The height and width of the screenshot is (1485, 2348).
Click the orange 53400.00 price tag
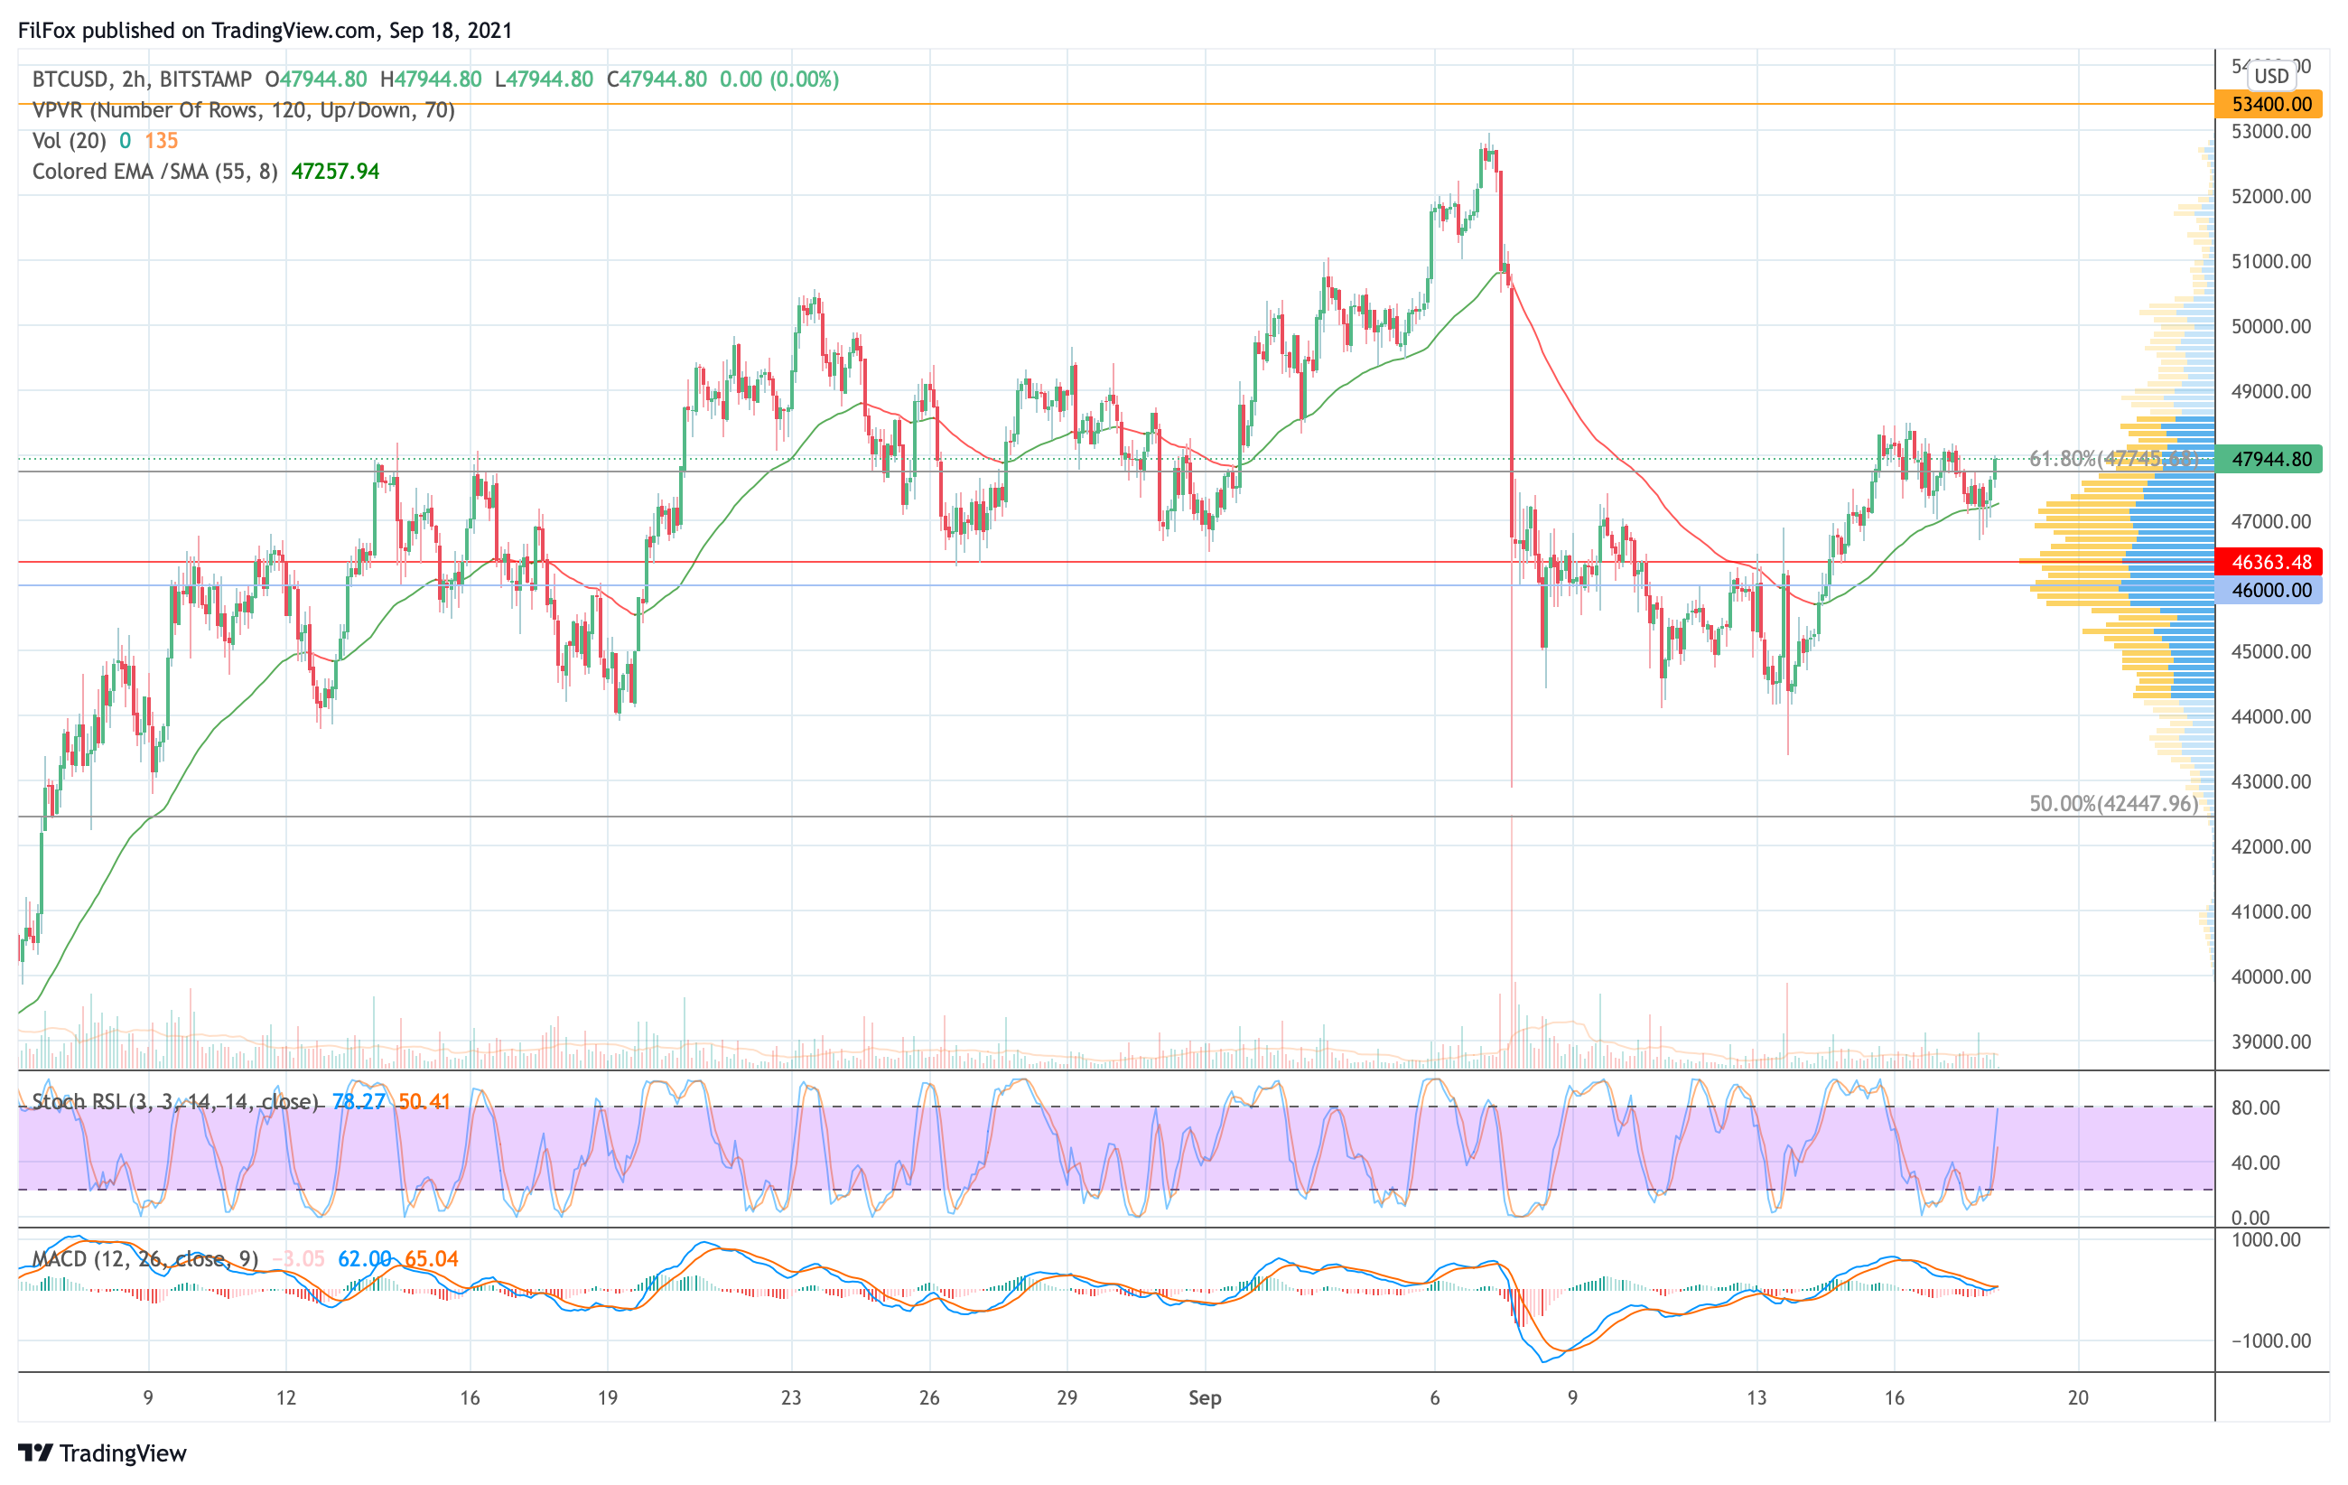[x=2271, y=103]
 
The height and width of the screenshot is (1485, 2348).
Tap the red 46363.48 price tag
[x=2271, y=562]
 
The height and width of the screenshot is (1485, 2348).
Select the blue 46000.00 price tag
[x=2271, y=590]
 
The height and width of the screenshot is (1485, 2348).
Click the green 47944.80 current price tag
[x=2271, y=458]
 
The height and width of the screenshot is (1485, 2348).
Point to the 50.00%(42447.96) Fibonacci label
[x=2113, y=803]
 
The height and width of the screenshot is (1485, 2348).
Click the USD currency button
[x=2271, y=75]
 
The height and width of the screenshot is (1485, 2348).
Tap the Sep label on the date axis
[x=1204, y=1397]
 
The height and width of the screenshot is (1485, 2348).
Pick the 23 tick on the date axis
[x=791, y=1397]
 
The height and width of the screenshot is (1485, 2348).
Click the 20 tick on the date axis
[x=2078, y=1397]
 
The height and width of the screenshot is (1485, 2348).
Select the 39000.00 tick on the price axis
[x=2271, y=1041]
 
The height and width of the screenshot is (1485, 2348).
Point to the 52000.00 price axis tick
[x=2271, y=196]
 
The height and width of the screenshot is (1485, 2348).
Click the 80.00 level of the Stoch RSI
[x=2255, y=1107]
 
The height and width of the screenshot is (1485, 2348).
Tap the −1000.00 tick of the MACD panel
[x=2271, y=1340]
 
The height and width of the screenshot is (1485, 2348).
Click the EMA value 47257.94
[x=335, y=172]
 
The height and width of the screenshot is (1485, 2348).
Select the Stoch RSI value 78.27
[x=359, y=1102]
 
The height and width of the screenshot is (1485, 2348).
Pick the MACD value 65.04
[x=431, y=1259]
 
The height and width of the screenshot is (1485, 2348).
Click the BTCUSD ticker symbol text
[x=71, y=79]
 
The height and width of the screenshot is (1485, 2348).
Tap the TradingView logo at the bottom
[x=102, y=1452]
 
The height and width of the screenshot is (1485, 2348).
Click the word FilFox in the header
[x=47, y=30]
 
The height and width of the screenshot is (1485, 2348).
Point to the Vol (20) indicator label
[x=70, y=140]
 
